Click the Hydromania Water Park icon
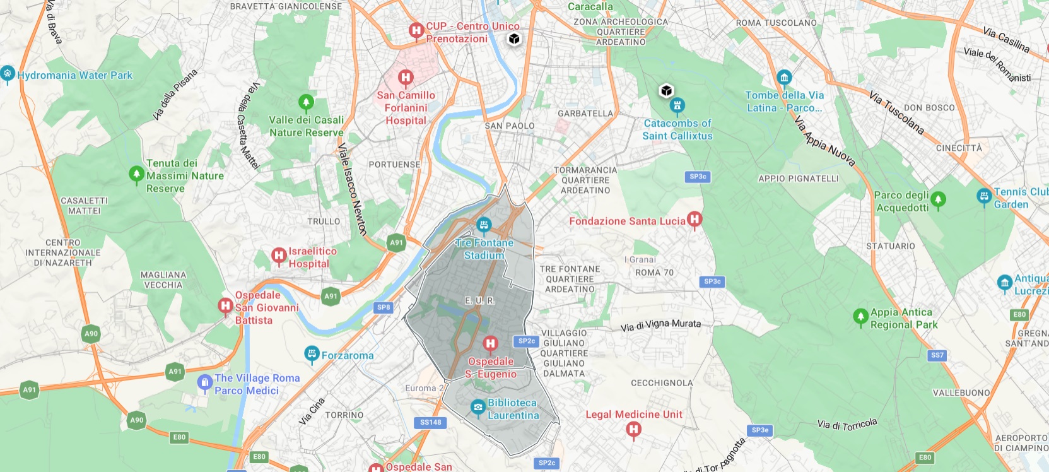click(8, 74)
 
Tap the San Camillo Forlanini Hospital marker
click(406, 78)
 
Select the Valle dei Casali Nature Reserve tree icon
click(306, 102)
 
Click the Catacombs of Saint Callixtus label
click(677, 129)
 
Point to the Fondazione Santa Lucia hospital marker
click(694, 220)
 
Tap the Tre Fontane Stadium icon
click(484, 225)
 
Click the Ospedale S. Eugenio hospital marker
click(490, 344)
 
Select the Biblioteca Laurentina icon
click(478, 408)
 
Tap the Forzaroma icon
click(312, 355)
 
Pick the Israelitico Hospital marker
click(279, 256)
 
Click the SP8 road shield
click(384, 307)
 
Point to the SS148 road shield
click(431, 422)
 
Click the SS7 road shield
click(937, 355)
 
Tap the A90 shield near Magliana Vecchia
click(91, 334)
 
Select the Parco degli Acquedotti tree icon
click(938, 201)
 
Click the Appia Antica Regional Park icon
click(860, 317)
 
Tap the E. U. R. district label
click(480, 300)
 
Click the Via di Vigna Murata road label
click(660, 325)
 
